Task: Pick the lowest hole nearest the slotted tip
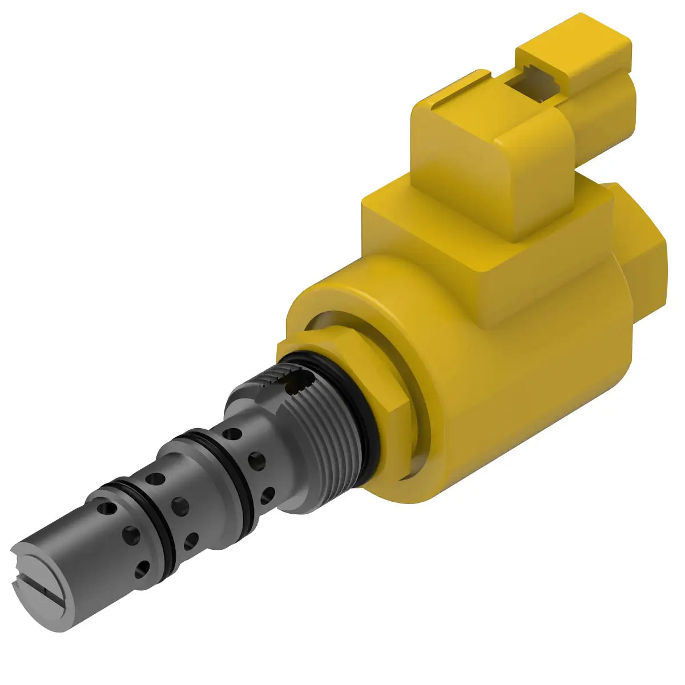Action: pyautogui.click(x=140, y=568)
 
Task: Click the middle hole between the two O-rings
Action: pyautogui.click(x=182, y=503)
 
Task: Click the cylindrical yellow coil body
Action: pyautogui.click(x=514, y=371)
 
